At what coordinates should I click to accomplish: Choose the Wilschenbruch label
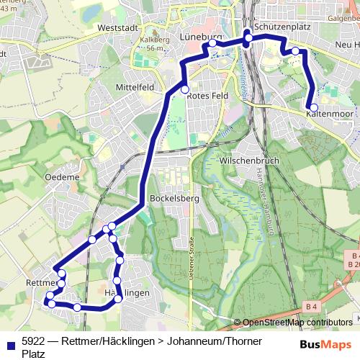pos(248,161)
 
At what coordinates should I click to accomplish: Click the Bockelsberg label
pos(168,197)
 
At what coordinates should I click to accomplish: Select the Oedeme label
pos(61,177)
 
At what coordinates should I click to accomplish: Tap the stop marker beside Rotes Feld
pos(185,90)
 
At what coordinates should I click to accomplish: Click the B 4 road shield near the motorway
pos(311,307)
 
